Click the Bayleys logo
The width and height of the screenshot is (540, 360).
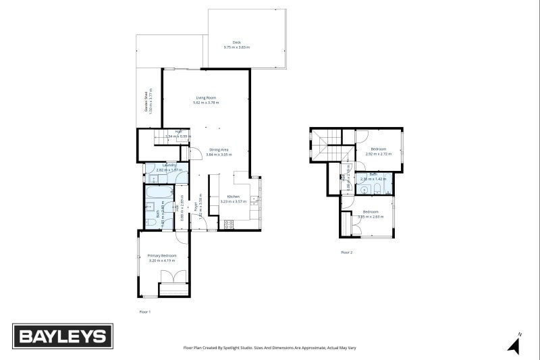pyautogui.click(x=63, y=335)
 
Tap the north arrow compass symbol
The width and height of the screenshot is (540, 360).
pyautogui.click(x=514, y=345)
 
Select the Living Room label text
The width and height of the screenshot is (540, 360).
pyautogui.click(x=206, y=100)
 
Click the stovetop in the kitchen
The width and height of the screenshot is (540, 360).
pyautogui.click(x=229, y=223)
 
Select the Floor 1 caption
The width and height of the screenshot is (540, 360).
pyautogui.click(x=144, y=312)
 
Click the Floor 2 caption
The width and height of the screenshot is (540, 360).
pyautogui.click(x=346, y=253)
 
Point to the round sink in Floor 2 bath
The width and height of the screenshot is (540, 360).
pyautogui.click(x=364, y=190)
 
